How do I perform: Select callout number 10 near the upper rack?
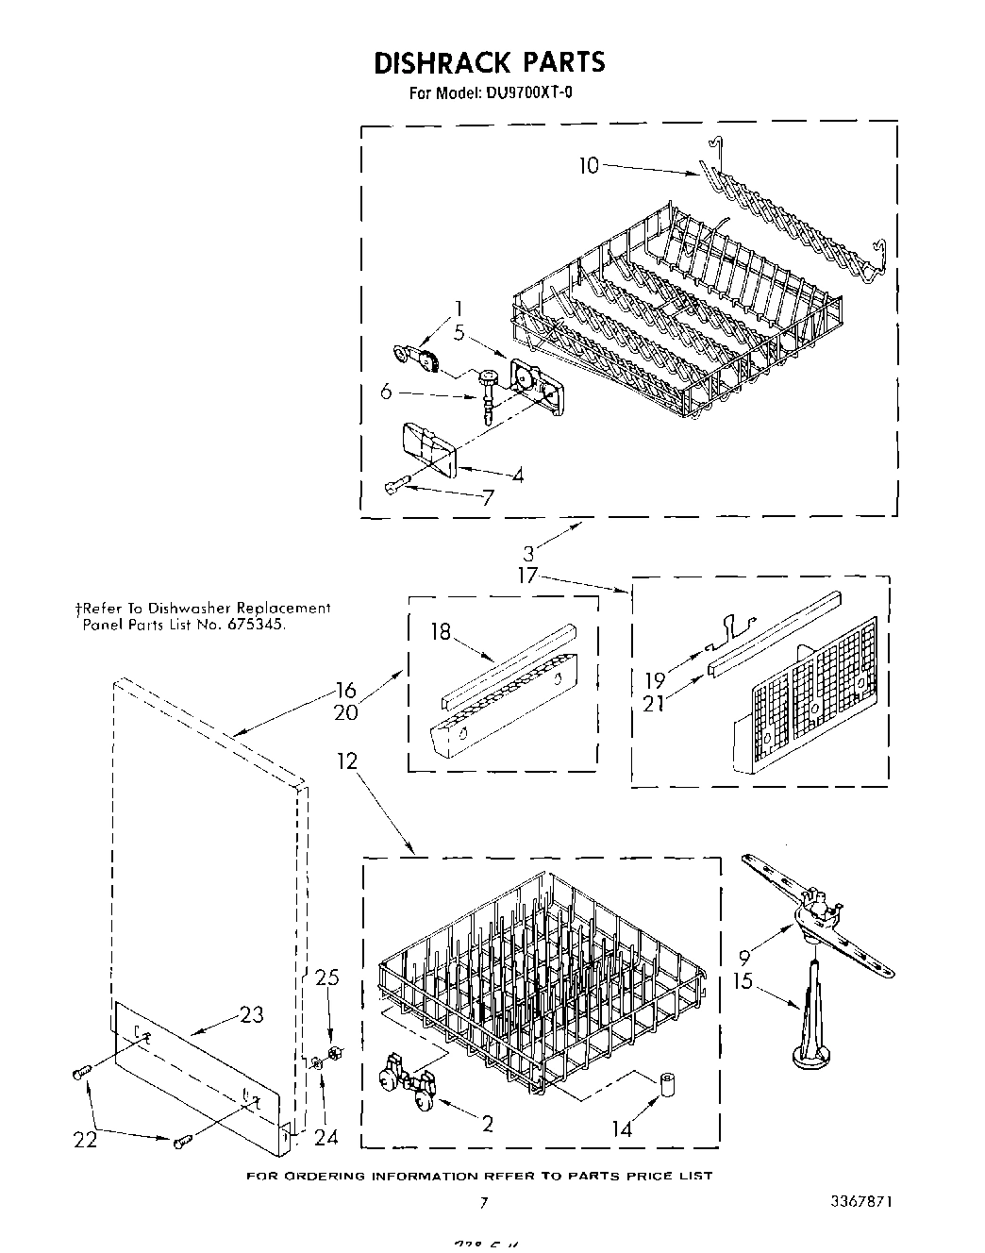point(588,166)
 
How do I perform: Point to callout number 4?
point(517,476)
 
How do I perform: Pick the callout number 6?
point(385,392)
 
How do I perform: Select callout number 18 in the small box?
point(442,632)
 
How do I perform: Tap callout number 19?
point(655,679)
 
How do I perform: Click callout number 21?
point(654,703)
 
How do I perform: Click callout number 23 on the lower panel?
point(251,1015)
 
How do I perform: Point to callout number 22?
point(86,1140)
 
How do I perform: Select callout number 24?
point(326,1138)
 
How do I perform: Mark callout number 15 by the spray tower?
point(743,981)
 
